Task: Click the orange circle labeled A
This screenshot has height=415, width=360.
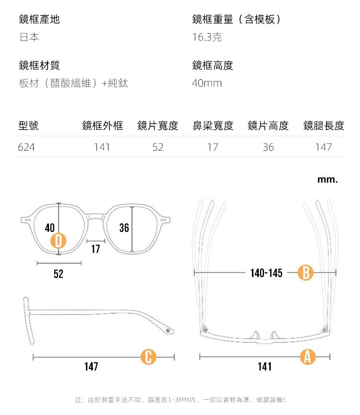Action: click(x=308, y=356)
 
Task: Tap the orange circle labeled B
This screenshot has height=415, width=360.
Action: click(x=306, y=273)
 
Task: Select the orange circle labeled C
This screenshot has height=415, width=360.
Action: click(x=148, y=357)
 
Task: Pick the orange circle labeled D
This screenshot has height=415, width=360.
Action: click(x=59, y=241)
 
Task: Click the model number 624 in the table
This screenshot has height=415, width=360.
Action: click(x=26, y=147)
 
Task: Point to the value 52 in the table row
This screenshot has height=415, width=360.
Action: click(x=158, y=147)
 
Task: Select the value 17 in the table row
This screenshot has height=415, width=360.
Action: click(x=213, y=147)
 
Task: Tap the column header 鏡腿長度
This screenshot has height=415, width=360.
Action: click(x=324, y=126)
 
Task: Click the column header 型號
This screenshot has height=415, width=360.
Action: click(x=28, y=126)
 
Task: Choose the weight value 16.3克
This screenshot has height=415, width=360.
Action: click(x=207, y=37)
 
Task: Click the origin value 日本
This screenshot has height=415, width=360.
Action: click(x=29, y=37)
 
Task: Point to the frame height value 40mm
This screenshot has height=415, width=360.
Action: click(x=207, y=84)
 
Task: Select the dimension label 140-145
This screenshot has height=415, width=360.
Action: click(x=266, y=273)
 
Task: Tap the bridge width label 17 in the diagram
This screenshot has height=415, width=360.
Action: click(x=96, y=249)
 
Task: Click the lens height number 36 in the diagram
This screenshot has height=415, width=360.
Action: click(x=124, y=228)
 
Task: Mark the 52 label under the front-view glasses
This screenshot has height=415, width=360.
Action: click(x=59, y=274)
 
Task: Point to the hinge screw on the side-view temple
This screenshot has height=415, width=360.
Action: click(x=168, y=331)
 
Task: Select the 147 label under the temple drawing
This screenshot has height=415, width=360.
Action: click(x=91, y=367)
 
